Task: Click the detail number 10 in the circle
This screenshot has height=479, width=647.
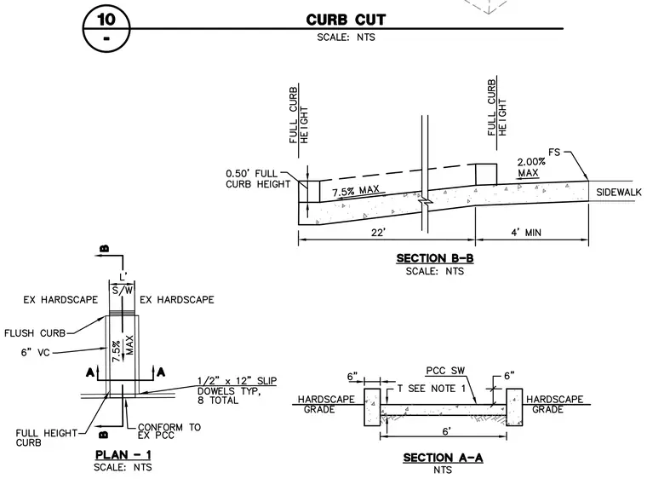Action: pos(106,19)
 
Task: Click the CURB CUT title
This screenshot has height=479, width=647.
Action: pos(346,20)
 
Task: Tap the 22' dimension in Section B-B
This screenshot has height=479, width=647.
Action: pos(378,233)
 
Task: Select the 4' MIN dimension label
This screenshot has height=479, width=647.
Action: pos(526,233)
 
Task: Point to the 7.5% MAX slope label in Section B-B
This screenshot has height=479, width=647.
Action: pos(356,191)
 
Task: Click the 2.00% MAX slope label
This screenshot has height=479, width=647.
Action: pos(531,167)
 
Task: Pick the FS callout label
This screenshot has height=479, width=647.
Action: pos(554,153)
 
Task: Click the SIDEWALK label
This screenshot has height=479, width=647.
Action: pos(619,192)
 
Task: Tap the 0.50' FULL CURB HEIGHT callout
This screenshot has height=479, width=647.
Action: pos(258,179)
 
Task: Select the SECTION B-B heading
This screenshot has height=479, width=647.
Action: pos(434,258)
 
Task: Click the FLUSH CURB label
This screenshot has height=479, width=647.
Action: pos(35,333)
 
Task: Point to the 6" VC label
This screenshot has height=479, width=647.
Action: pos(35,353)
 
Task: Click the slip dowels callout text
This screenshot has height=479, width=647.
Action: pos(237,390)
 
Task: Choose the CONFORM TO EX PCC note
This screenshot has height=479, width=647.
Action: pos(169,430)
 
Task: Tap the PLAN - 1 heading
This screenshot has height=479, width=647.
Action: pos(123,455)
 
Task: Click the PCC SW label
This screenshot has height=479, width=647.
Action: pos(445,370)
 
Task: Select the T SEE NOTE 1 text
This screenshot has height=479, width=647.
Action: pos(432,389)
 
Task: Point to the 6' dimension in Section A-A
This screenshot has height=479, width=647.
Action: pos(445,431)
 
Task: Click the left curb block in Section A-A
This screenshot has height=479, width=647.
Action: pos(372,407)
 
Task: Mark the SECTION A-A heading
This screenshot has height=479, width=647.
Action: pos(443,458)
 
